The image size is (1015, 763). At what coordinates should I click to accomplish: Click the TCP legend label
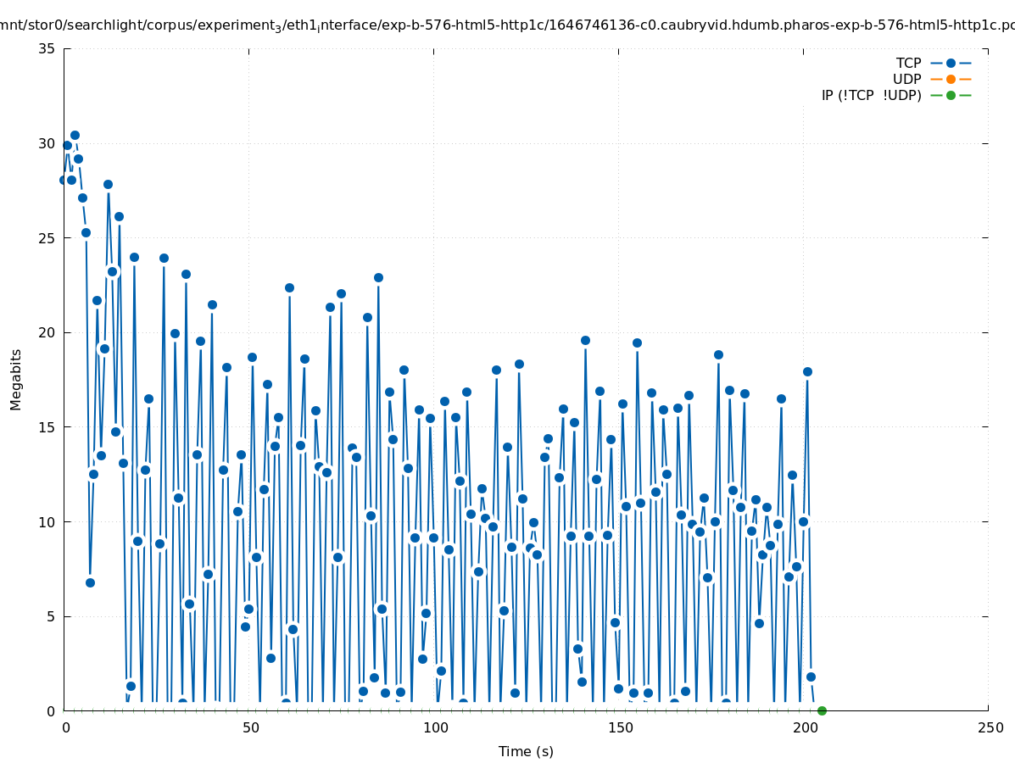[908, 63]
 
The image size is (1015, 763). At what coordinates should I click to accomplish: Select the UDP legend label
[906, 79]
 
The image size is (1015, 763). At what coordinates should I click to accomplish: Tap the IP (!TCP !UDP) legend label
[871, 95]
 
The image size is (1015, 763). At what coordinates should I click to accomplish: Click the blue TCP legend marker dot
[951, 63]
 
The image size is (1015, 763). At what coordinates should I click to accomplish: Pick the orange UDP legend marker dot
[951, 79]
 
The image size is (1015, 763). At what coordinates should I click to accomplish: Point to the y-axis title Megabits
[16, 379]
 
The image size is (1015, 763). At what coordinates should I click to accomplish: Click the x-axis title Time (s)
[526, 751]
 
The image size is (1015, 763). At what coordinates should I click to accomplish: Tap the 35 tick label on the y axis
[47, 48]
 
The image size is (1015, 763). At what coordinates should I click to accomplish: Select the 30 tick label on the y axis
[47, 143]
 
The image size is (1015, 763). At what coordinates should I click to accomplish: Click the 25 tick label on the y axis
[47, 238]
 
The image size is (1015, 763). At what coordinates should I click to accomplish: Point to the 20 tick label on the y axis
[47, 332]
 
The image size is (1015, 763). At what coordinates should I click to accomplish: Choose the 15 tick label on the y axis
[47, 427]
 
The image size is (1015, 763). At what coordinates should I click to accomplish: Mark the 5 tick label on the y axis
[50, 616]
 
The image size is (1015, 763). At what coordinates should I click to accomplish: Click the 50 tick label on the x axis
[250, 727]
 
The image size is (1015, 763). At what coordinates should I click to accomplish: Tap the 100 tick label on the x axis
[435, 727]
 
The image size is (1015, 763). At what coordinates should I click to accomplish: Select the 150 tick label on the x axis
[620, 727]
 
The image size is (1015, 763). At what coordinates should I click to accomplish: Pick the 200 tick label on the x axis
[805, 727]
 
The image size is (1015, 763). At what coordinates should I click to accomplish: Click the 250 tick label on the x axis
[990, 727]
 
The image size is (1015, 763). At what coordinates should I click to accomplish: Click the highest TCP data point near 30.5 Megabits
[75, 135]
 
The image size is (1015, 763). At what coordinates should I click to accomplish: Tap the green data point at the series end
[822, 710]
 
